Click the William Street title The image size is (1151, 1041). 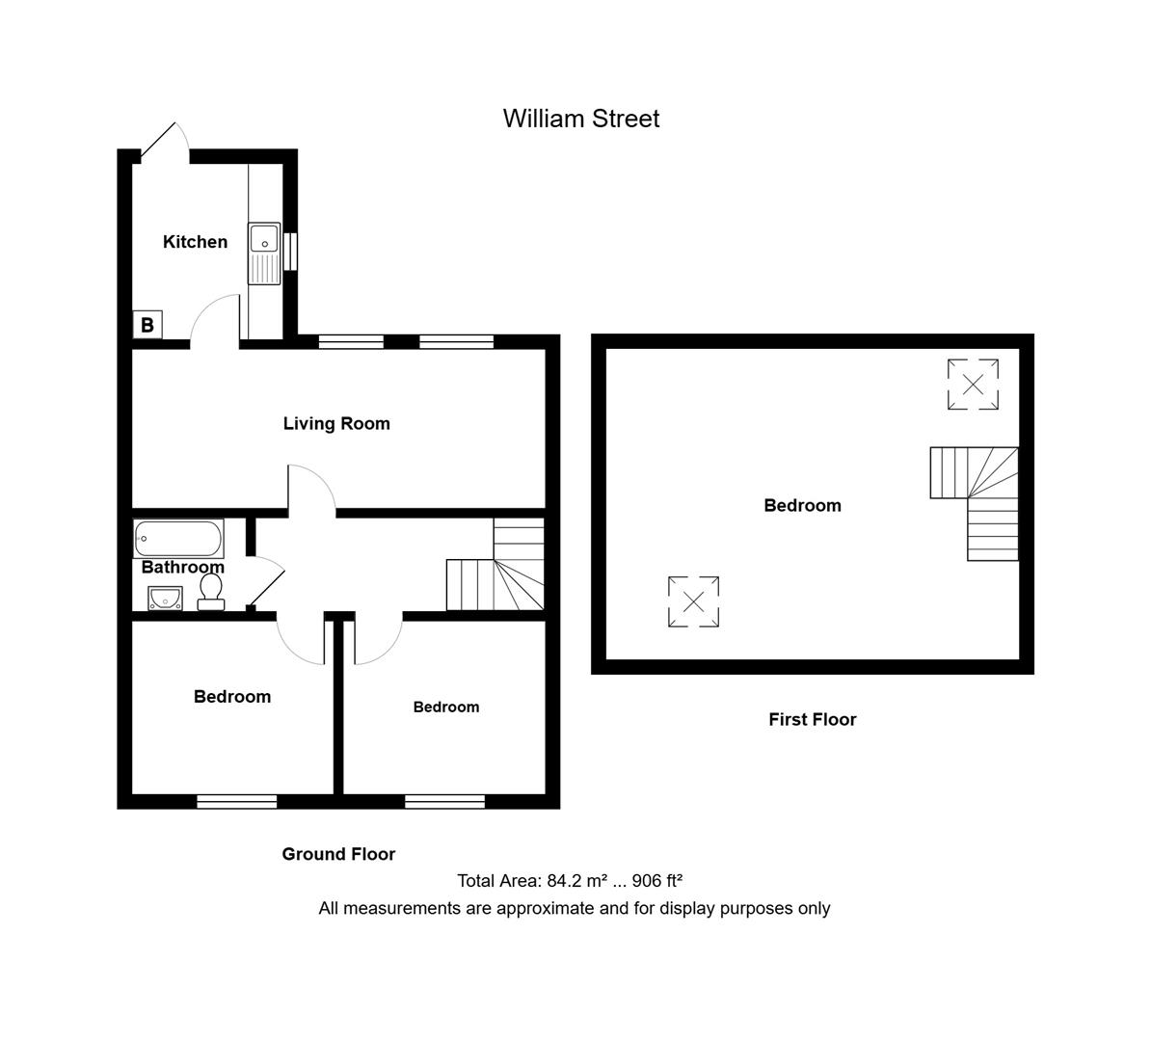581,119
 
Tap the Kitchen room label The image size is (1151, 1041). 195,242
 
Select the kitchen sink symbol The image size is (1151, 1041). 263,254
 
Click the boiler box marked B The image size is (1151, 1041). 147,325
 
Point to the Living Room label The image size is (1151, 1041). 336,423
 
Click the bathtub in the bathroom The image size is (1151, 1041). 178,538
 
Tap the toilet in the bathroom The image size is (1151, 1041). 210,591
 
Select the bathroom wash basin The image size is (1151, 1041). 165,599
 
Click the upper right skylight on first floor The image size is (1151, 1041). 973,385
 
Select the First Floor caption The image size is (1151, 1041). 812,719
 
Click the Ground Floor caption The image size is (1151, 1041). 338,854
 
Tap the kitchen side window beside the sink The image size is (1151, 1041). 288,253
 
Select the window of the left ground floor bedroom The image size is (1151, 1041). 237,801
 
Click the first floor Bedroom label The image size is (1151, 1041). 802,505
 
